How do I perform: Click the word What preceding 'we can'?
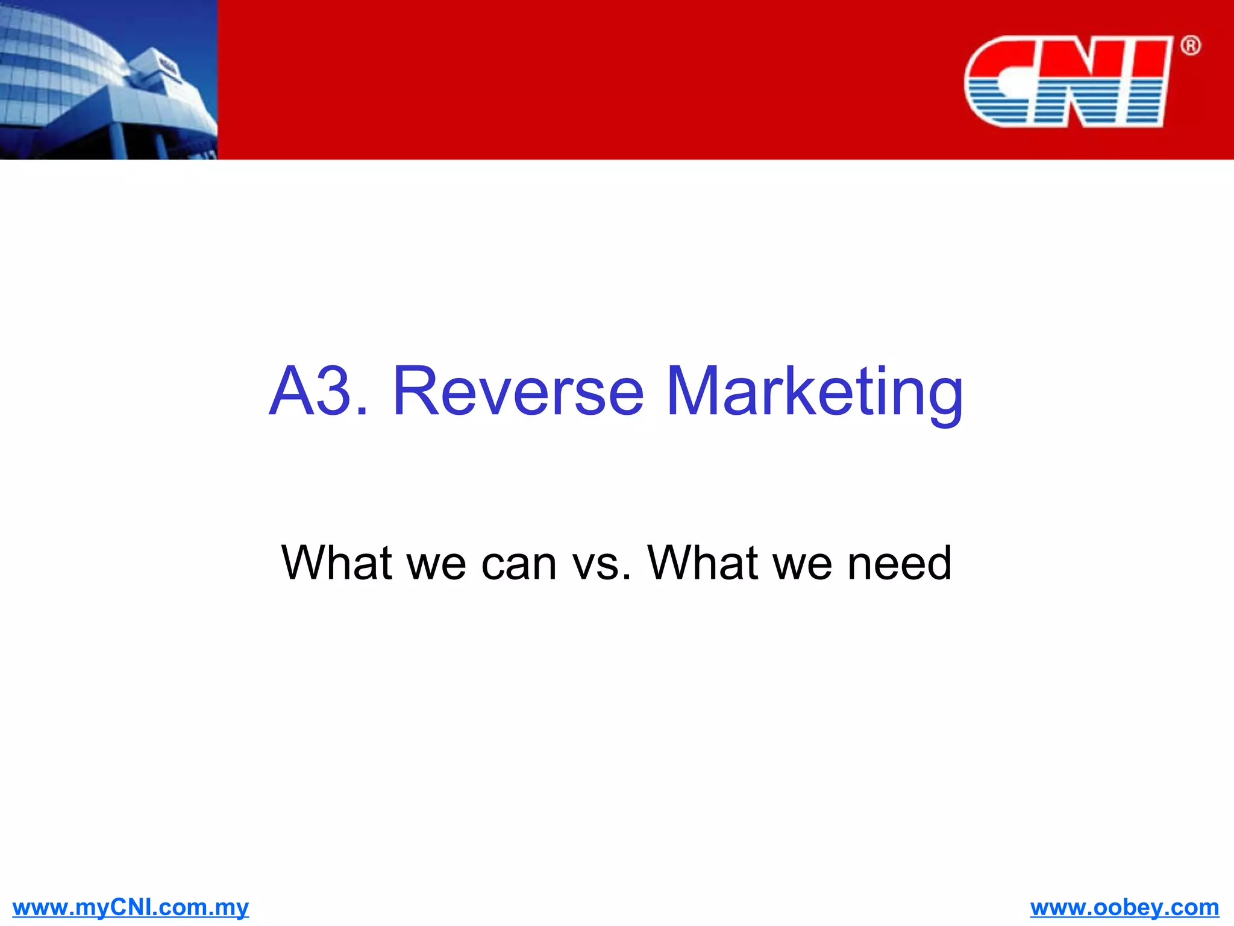point(336,562)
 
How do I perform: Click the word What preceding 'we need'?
point(703,562)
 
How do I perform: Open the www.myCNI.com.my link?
point(130,907)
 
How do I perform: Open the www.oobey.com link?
point(1124,907)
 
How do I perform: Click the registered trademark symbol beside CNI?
point(1190,46)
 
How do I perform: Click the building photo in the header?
point(108,80)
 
